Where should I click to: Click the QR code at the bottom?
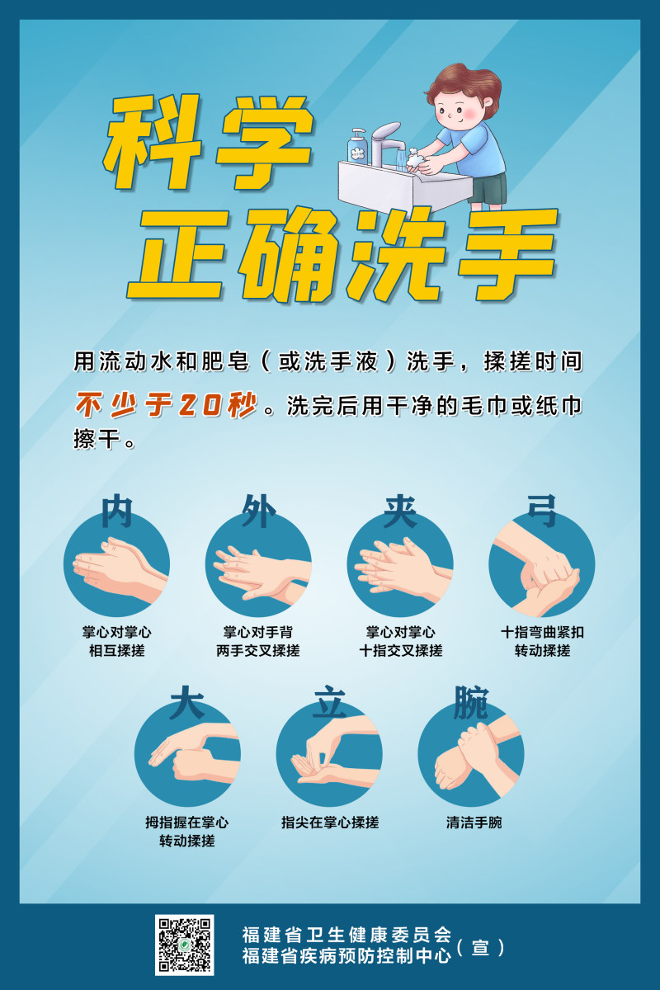tap(184, 945)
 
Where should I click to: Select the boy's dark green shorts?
tap(488, 188)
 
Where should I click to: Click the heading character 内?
tap(116, 511)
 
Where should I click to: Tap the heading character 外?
tap(258, 511)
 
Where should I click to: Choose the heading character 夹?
tap(400, 511)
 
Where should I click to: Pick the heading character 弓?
tap(542, 511)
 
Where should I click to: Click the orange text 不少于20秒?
tap(166, 404)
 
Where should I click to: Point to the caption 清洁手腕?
tap(474, 823)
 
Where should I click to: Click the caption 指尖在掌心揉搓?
tap(330, 823)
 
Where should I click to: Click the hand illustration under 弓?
tap(541, 564)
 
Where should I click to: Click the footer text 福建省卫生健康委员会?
tap(346, 935)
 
